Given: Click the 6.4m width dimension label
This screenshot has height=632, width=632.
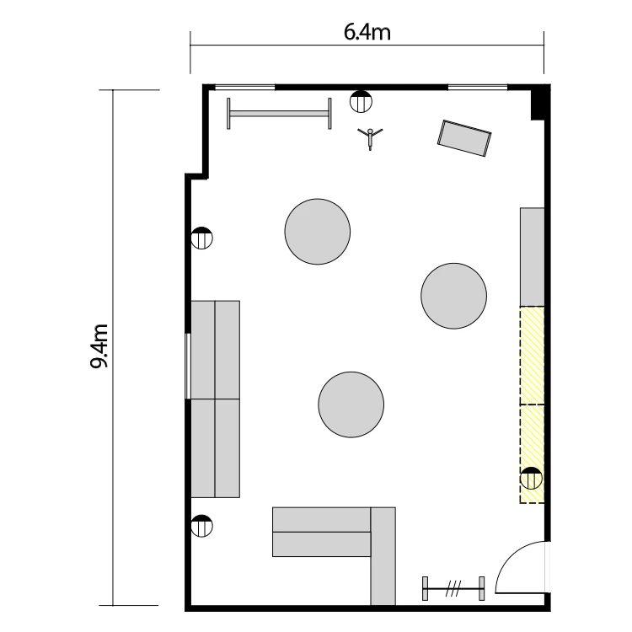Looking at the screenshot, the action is [367, 32].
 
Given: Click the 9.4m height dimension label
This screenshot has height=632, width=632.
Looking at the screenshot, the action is [99, 345].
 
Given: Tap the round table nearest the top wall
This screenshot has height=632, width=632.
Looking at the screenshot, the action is [318, 232].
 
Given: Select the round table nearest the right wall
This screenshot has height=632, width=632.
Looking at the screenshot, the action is [454, 296].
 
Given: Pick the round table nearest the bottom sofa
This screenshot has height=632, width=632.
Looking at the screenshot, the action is [351, 404].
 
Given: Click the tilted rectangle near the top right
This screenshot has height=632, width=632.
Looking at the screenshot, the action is [464, 138].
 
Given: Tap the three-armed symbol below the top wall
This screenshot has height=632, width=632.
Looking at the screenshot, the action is [370, 137].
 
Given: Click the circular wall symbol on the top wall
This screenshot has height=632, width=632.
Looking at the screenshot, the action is [362, 102].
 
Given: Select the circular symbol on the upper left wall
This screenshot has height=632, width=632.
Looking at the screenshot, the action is [201, 238].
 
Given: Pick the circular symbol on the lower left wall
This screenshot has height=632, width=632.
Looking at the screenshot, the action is [201, 526].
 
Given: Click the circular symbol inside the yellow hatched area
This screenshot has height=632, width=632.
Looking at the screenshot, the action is [531, 478].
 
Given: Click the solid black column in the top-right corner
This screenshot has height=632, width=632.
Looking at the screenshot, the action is [540, 102].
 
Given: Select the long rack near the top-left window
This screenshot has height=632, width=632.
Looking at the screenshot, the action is [279, 114].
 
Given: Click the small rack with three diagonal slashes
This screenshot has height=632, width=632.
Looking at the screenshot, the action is [453, 588].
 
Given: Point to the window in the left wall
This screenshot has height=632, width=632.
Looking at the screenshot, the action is [187, 366].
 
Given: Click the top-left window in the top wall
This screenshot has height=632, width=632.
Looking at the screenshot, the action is [245, 87].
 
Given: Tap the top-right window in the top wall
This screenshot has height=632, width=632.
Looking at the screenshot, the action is [478, 87].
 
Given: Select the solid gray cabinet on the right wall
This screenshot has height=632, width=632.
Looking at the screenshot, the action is [532, 257].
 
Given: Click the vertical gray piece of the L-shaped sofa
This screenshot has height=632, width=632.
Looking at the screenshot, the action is [383, 556].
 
